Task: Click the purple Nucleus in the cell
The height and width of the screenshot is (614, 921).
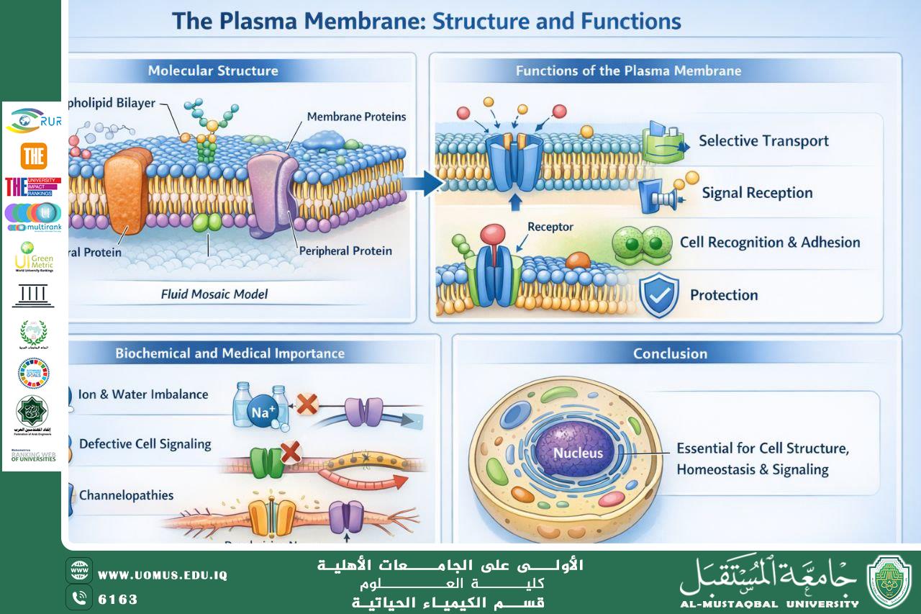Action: coord(578,453)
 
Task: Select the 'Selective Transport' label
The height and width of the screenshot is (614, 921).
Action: coord(763,140)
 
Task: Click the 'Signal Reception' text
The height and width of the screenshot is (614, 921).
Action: coord(757,193)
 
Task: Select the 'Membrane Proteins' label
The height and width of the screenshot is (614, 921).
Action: coord(356,117)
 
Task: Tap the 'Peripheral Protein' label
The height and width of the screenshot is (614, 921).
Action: coord(345,250)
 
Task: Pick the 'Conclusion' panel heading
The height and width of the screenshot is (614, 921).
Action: coord(670,353)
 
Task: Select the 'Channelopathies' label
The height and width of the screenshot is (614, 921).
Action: coord(126,495)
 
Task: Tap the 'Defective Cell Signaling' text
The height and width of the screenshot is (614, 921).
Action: coord(145,443)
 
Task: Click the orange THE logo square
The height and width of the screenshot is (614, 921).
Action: coord(34,156)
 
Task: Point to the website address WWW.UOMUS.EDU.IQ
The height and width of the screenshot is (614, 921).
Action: coord(162,575)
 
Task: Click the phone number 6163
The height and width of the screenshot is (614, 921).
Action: coord(117,599)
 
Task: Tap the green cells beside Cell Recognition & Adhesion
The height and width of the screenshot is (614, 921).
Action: coord(640,243)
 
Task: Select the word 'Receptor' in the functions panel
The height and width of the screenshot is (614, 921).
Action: coord(550,227)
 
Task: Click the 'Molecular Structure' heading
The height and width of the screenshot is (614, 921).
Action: coord(213,71)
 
